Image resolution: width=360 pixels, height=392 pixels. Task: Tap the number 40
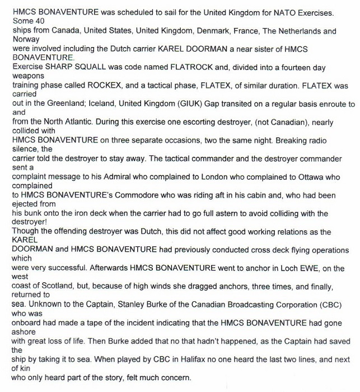tap(36, 22)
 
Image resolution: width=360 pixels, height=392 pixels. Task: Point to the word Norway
tap(26, 40)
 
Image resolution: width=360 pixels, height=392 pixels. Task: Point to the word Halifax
tap(140, 360)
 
